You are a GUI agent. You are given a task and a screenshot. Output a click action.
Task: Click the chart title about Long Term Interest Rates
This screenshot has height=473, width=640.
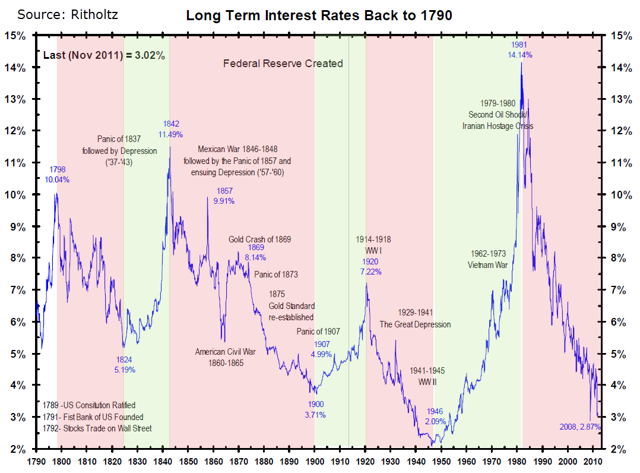(x=319, y=15)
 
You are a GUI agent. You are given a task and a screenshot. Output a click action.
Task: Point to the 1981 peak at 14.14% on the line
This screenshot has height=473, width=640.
(x=521, y=63)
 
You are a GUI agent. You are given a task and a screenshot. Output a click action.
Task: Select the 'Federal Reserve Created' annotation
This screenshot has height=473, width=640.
(x=283, y=64)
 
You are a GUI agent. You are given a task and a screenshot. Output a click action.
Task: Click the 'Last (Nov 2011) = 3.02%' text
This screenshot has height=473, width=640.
(x=104, y=55)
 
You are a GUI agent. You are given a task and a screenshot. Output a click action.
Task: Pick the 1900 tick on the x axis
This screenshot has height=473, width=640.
(x=315, y=461)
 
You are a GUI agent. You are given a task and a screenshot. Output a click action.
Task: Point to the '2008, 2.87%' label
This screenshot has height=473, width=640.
(x=580, y=427)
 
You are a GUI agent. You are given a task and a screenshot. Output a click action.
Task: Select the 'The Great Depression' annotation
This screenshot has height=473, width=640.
(x=415, y=324)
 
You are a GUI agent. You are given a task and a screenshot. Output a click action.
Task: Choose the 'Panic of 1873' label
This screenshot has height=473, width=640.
(x=276, y=275)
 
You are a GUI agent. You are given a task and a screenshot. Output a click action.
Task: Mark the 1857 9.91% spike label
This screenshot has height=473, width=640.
(x=224, y=196)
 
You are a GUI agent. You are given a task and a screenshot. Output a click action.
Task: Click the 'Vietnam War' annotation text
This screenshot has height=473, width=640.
(x=489, y=265)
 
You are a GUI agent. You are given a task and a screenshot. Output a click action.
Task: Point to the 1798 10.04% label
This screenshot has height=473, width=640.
(x=57, y=174)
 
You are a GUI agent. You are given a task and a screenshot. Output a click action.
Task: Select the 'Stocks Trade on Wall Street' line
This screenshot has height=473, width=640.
(x=97, y=428)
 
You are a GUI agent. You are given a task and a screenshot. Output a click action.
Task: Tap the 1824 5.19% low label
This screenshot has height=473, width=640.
(x=124, y=364)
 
